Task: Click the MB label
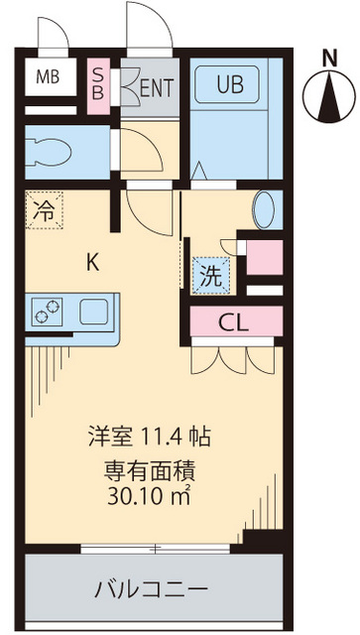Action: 47,76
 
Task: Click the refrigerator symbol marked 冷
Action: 45,209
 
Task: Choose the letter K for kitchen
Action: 92,263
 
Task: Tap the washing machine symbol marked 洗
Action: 211,278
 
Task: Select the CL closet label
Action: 234,322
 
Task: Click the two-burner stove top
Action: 46,312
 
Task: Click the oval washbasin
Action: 265,209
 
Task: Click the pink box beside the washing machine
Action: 263,257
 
